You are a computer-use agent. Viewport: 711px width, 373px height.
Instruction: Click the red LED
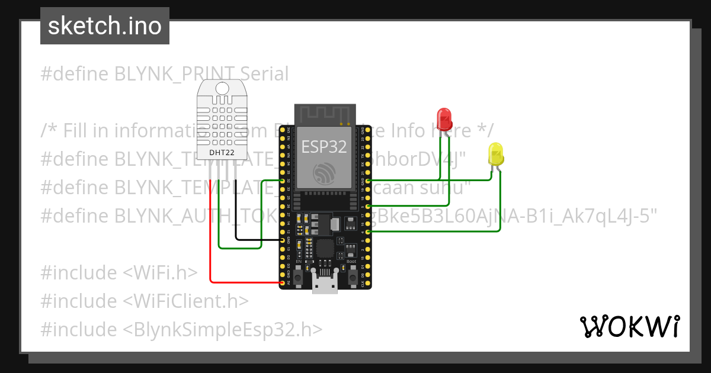[444, 119]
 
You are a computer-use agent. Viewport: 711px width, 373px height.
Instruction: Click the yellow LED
[495, 154]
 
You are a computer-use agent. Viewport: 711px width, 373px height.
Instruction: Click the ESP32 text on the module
[324, 146]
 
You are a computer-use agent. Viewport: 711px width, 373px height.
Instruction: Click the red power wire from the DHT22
[210, 237]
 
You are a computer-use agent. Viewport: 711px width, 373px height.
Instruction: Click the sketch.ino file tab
[105, 26]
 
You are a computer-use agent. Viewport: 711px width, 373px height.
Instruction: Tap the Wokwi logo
[629, 326]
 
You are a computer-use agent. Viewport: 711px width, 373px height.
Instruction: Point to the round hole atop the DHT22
[221, 88]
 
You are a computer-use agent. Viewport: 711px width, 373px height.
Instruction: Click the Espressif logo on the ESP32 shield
[325, 173]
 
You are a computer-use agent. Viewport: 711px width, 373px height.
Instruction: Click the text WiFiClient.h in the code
[186, 301]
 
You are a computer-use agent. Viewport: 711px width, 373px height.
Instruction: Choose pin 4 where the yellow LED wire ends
[369, 233]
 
